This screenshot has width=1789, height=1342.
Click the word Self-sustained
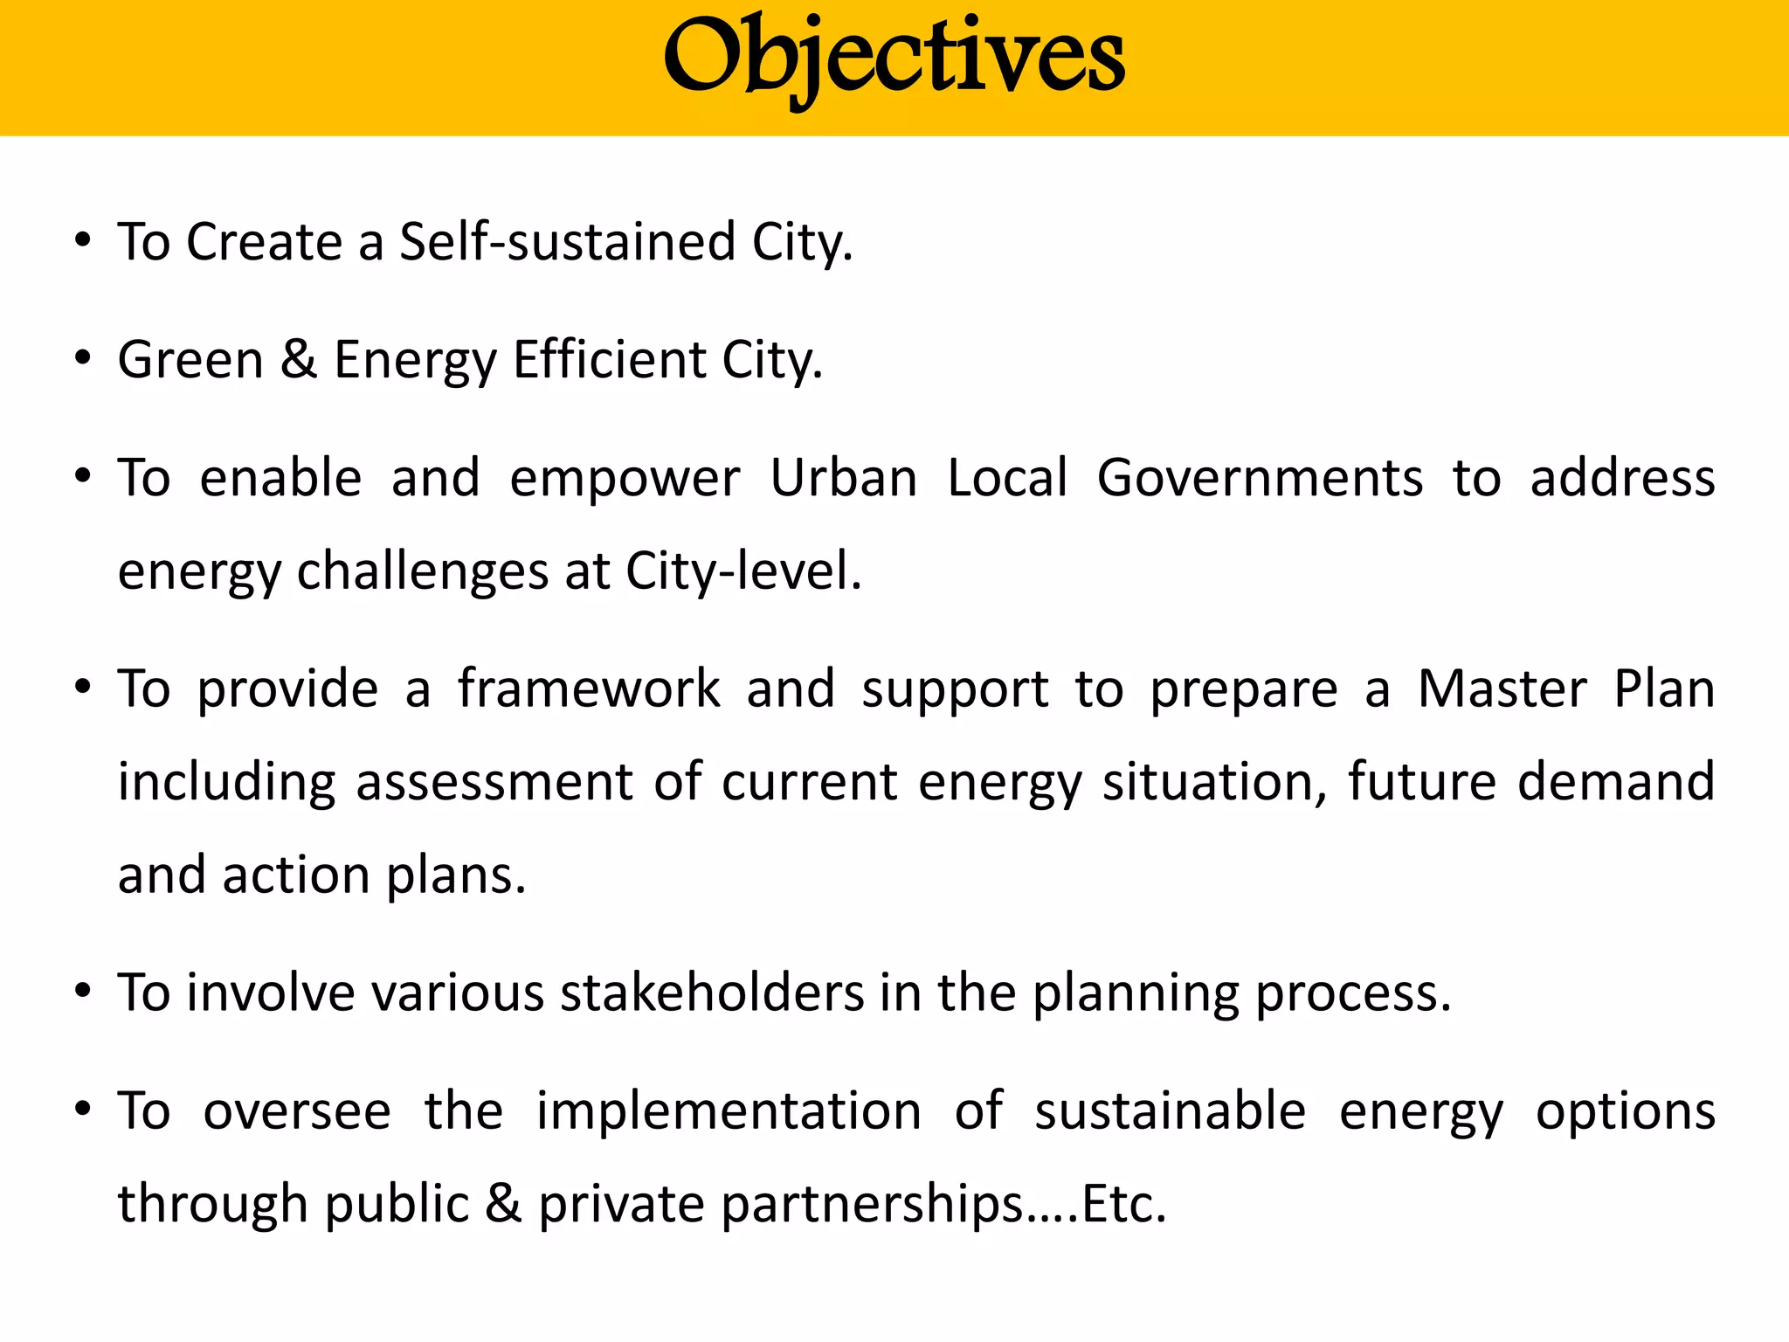[567, 242]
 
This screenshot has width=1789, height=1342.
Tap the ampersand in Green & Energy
[299, 359]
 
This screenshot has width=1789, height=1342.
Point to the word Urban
[843, 478]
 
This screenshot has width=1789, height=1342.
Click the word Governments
[1260, 478]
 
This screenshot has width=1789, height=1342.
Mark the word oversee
[297, 1111]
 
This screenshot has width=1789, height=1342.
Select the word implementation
[729, 1111]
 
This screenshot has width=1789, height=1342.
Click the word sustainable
[1170, 1111]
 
